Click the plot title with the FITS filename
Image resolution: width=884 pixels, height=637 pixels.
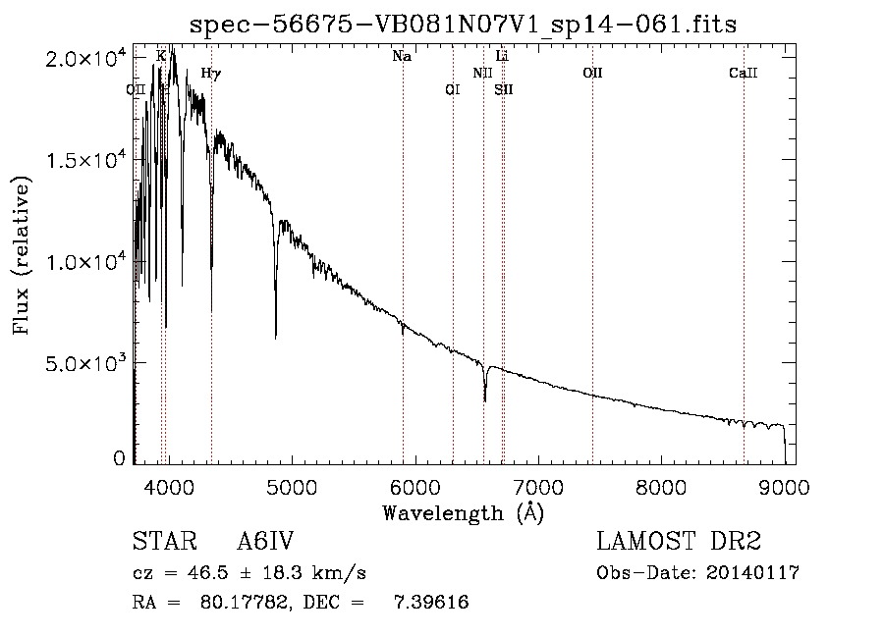pyautogui.click(x=463, y=25)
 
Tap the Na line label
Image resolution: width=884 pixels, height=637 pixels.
pyautogui.click(x=402, y=56)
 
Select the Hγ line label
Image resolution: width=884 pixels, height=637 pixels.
pyautogui.click(x=211, y=74)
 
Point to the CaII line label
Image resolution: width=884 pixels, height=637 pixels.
pyautogui.click(x=744, y=73)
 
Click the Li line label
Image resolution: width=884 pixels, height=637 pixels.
pyautogui.click(x=502, y=56)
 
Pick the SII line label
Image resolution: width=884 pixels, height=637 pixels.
pyautogui.click(x=504, y=89)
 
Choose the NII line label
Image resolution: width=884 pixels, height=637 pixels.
pyautogui.click(x=482, y=73)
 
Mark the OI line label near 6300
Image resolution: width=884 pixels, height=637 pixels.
pyautogui.click(x=453, y=89)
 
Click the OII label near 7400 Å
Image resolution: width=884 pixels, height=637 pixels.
pyautogui.click(x=592, y=73)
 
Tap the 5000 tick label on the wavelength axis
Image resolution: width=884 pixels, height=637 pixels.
pyautogui.click(x=292, y=487)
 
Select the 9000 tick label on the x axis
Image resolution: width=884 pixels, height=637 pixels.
pyautogui.click(x=784, y=487)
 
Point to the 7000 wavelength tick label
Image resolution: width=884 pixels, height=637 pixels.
pyautogui.click(x=538, y=487)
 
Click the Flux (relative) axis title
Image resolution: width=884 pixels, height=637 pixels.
pyautogui.click(x=21, y=255)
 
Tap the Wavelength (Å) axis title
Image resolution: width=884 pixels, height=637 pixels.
pyautogui.click(x=464, y=513)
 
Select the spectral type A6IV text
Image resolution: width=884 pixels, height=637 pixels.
pyautogui.click(x=265, y=541)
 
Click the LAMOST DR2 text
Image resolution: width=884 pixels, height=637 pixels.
pyautogui.click(x=679, y=541)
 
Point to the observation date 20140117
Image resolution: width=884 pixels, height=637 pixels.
pyautogui.click(x=752, y=573)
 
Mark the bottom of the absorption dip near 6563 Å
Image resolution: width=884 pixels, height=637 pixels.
pyautogui.click(x=485, y=401)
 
